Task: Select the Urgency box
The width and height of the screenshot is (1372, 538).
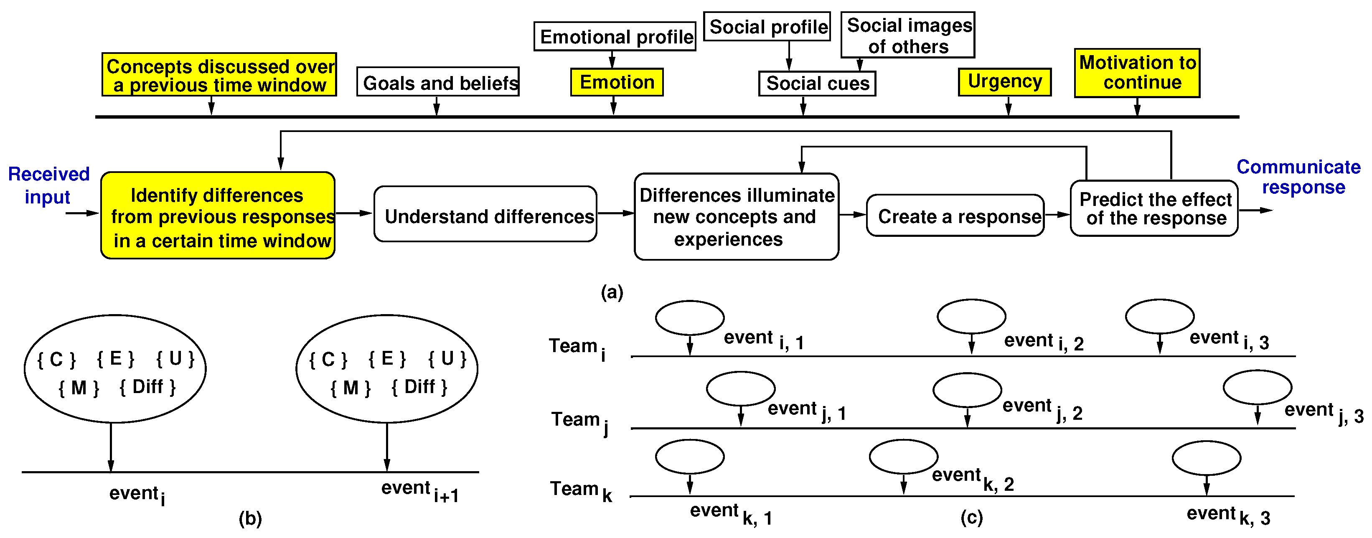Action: [1004, 81]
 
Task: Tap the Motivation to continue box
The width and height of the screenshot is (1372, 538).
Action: [1137, 73]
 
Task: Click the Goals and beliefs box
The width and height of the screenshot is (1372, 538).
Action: [437, 82]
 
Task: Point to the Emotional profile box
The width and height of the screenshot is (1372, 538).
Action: [615, 36]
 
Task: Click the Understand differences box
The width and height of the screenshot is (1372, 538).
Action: [485, 214]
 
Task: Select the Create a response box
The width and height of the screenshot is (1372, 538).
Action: [955, 216]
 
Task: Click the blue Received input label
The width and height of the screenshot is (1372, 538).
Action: [48, 185]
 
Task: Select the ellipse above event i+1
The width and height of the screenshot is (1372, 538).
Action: [387, 368]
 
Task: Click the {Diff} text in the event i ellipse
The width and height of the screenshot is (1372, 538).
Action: [147, 387]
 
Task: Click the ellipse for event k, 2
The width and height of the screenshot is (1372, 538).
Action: [903, 457]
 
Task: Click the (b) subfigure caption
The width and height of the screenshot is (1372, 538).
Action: [250, 518]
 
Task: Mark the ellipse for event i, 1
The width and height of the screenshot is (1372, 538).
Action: [689, 317]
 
